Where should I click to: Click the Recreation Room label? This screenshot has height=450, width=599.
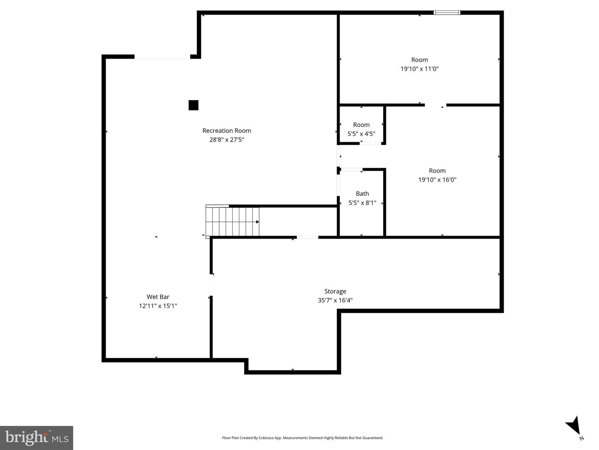227,131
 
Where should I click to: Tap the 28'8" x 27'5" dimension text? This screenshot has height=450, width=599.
227,140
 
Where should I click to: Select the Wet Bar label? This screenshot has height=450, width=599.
158,297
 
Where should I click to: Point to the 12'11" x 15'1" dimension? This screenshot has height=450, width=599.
158,306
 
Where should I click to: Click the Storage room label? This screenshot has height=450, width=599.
335,291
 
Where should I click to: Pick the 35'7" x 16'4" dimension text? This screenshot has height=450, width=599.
335,300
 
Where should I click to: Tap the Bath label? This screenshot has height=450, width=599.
362,194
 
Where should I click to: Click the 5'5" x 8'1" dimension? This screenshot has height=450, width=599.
362,203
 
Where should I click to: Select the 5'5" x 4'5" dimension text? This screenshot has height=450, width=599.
361,134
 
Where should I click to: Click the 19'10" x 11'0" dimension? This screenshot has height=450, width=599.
420,69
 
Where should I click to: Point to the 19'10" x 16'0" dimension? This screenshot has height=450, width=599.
437,180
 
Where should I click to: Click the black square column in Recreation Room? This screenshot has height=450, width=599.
193,105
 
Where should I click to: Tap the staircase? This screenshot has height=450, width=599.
233,221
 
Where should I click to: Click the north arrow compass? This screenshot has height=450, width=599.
574,426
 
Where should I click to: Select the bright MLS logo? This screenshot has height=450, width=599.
37,438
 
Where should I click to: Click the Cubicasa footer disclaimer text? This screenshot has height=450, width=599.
302,438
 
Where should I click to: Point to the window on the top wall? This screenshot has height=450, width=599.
447,13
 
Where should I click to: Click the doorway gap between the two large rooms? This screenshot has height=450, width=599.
435,105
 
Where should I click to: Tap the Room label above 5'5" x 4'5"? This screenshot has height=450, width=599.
361,125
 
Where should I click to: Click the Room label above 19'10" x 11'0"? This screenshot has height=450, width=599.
420,60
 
